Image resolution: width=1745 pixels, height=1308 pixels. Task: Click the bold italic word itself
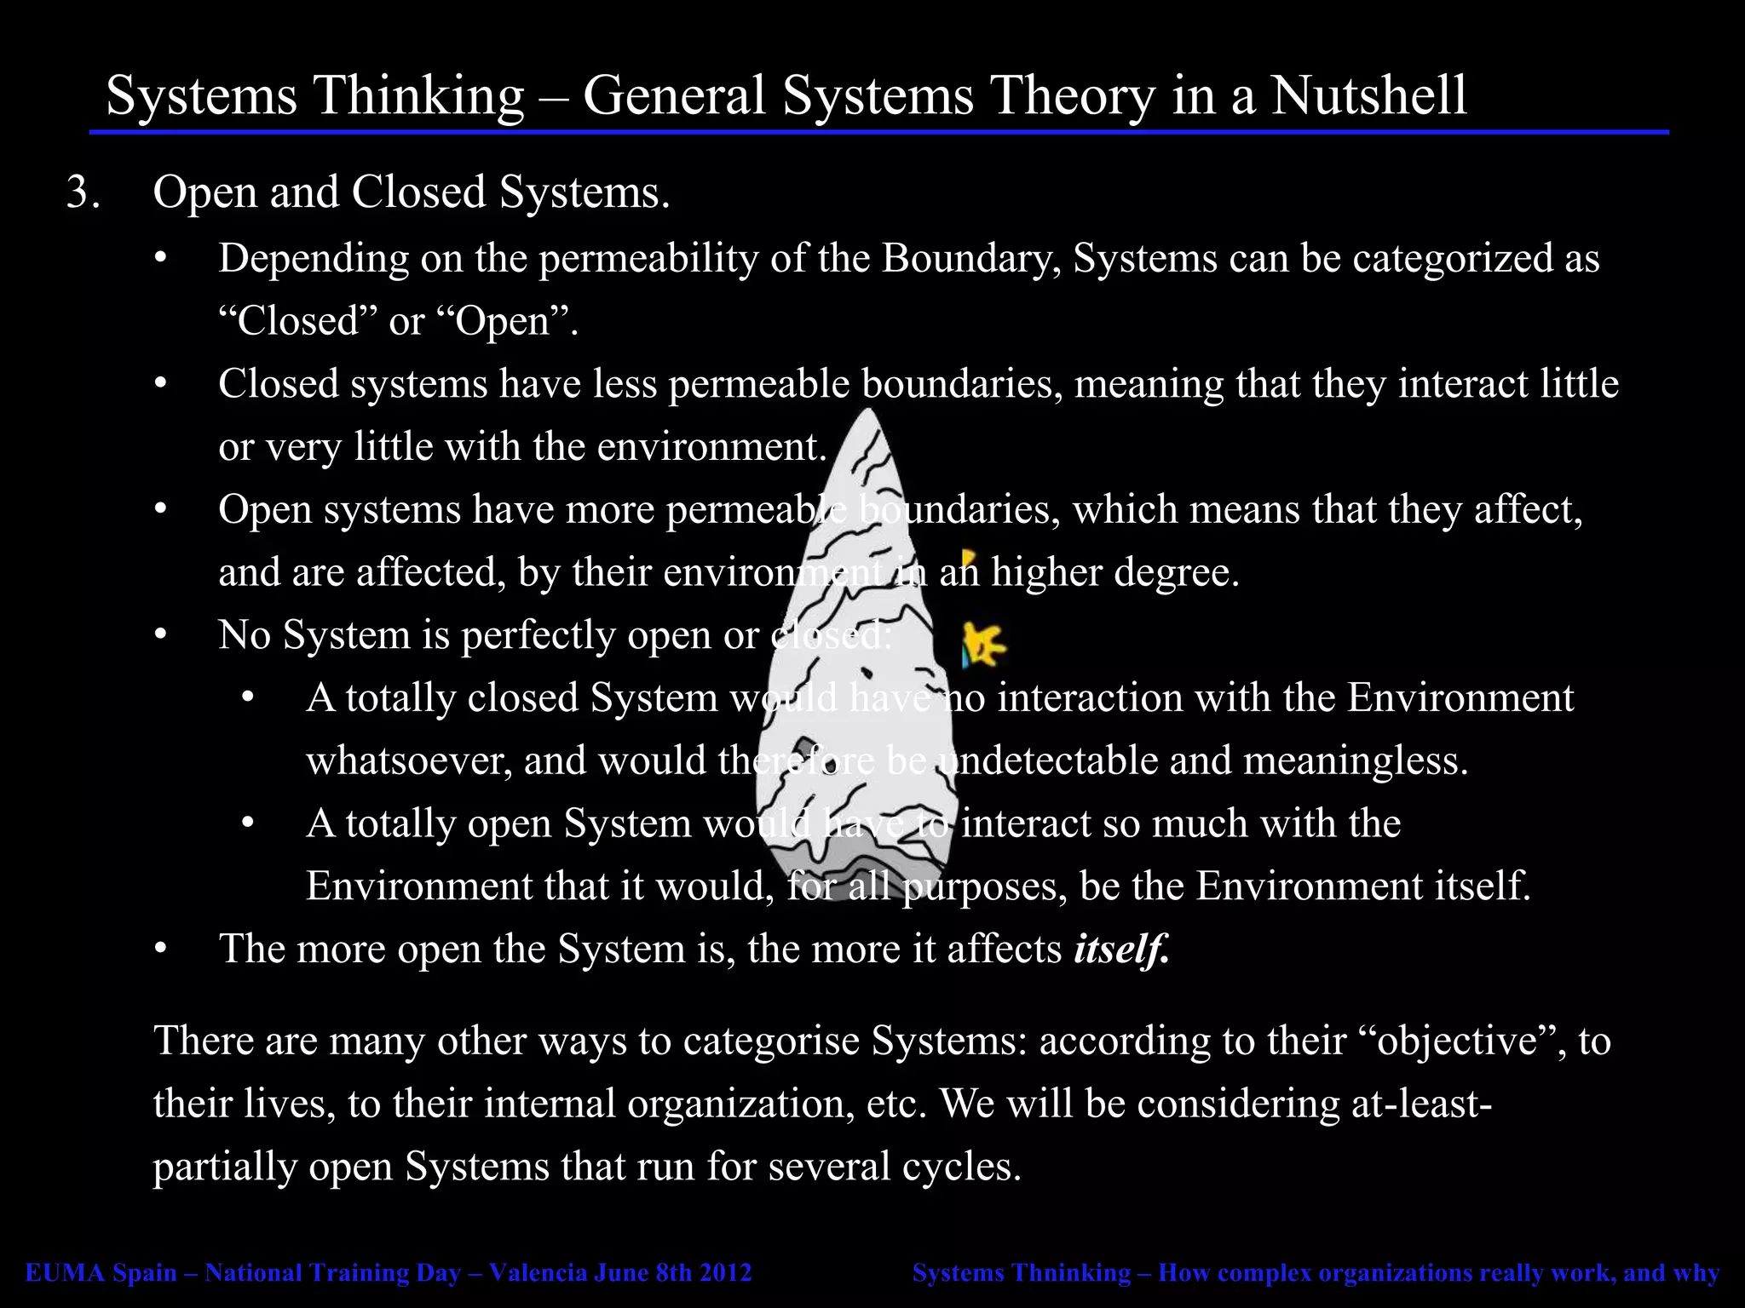coord(1120,949)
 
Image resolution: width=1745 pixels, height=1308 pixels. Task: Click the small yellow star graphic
coord(983,643)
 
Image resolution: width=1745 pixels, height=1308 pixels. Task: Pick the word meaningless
coord(1356,760)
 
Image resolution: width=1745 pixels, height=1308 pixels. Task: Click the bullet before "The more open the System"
coord(160,949)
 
